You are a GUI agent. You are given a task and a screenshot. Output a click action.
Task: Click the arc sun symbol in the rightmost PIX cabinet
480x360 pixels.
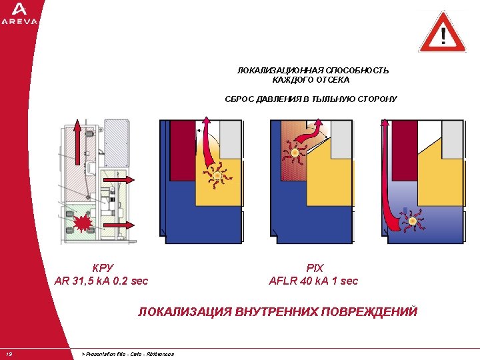point(413,221)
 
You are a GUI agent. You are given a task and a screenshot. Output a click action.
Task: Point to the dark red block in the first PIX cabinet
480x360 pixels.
point(181,150)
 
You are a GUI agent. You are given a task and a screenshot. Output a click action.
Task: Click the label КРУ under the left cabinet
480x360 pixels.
point(101,268)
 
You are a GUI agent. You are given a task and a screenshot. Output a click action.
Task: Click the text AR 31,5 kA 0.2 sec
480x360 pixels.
point(101,281)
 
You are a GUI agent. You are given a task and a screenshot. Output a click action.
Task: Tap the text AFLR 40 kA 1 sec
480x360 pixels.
point(313,281)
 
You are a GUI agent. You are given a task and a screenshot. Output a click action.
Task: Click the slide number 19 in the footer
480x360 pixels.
point(9,354)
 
